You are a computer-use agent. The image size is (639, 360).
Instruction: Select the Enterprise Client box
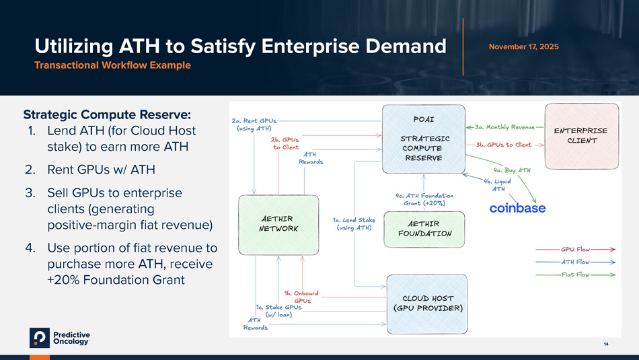(581, 135)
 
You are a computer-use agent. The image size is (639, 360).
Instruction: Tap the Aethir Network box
(279, 223)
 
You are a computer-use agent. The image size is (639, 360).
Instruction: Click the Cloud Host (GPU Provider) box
(427, 303)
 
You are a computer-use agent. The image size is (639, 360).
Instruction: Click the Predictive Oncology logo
(60, 338)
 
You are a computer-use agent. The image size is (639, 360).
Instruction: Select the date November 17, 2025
(523, 46)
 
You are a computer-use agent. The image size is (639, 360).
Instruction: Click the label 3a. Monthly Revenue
(504, 126)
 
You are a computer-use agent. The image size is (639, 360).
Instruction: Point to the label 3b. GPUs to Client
(503, 145)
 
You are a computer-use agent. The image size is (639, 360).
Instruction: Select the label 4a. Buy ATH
(511, 170)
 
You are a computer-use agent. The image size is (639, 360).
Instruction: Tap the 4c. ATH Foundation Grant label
(424, 199)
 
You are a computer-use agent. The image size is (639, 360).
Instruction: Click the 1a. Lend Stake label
(354, 223)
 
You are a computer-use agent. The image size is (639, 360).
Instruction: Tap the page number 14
(606, 345)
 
